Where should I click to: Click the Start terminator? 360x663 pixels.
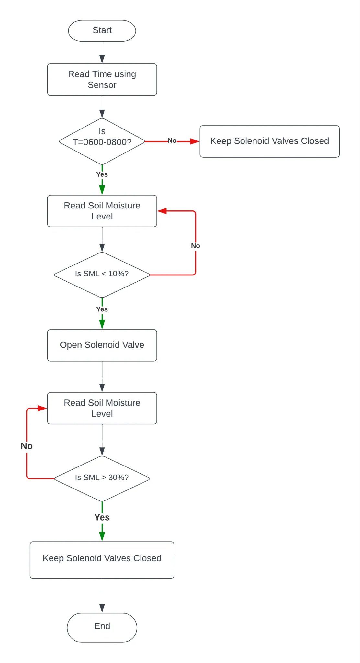click(102, 31)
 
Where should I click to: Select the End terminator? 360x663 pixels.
click(102, 627)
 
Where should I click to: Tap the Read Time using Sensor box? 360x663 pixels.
click(102, 79)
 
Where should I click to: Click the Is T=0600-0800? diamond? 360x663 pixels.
click(102, 141)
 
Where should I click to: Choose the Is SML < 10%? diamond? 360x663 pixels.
click(102, 275)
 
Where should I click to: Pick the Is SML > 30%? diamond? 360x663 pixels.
click(102, 478)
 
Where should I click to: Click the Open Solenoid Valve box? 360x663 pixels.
click(102, 345)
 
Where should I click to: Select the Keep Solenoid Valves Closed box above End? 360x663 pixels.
click(102, 559)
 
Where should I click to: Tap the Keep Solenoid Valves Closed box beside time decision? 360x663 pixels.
click(269, 141)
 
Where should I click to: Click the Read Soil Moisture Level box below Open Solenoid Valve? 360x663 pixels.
click(102, 408)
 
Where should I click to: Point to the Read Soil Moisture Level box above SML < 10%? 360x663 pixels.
click(102, 211)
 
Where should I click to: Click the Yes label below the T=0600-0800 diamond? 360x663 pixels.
click(102, 174)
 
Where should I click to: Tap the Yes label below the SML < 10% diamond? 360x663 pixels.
click(102, 309)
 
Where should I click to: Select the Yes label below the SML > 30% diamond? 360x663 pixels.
click(102, 517)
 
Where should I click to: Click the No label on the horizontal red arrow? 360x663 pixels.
click(172, 140)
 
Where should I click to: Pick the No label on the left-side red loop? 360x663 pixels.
click(27, 446)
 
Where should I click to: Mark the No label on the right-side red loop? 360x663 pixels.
click(195, 246)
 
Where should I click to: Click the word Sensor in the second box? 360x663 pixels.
click(102, 85)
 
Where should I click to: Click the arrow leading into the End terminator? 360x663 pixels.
click(102, 596)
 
